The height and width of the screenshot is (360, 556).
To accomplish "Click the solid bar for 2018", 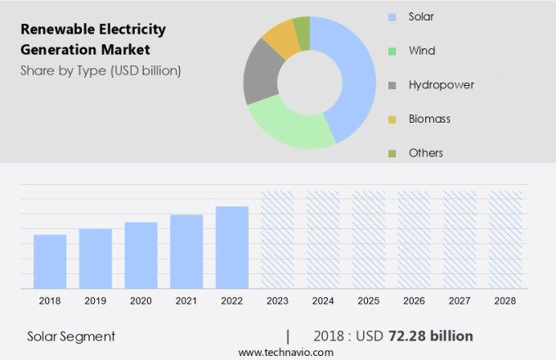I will point(50,261).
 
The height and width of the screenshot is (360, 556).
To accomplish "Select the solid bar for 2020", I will point(141,254).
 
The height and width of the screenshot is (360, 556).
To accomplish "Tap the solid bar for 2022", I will point(232,247).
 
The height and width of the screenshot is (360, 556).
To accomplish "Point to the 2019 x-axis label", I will point(95,301).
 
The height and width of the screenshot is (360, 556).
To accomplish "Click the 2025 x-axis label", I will point(369,301).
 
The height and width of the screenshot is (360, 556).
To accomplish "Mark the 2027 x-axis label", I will point(460,301).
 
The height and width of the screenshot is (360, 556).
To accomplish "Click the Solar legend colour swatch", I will point(392,16).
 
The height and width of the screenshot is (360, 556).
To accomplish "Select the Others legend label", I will point(426,153).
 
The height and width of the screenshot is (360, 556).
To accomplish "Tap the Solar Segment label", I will point(71,336).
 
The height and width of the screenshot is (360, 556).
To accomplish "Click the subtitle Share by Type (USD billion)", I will point(101,70).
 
